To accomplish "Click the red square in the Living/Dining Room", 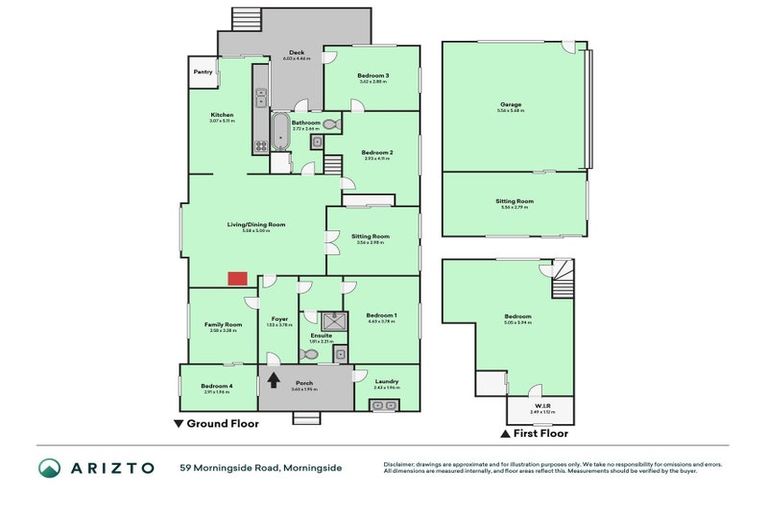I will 237,278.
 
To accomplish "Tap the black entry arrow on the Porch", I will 273,379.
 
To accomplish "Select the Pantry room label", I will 203,72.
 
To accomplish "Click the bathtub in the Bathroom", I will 281,133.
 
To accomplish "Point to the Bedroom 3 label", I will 373,76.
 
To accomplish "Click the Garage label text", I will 512,105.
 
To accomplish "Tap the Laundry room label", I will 387,381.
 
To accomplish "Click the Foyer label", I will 280,319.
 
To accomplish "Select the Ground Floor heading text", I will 223,424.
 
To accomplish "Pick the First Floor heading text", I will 541,434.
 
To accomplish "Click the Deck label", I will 296,53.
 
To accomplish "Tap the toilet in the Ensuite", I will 309,353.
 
